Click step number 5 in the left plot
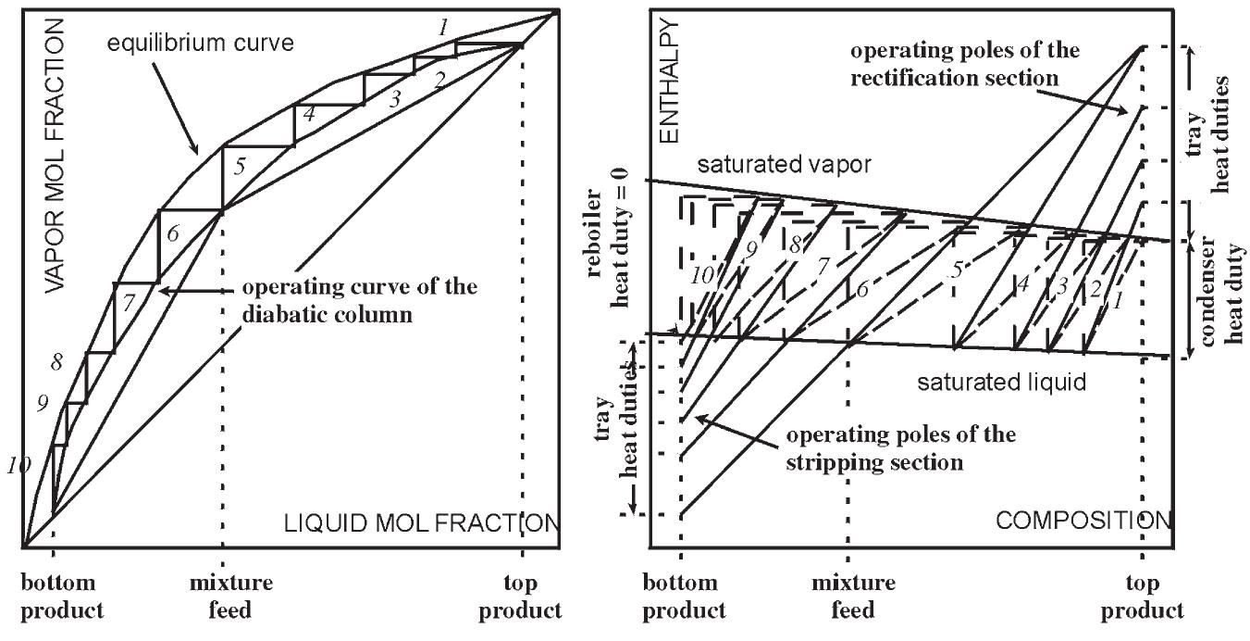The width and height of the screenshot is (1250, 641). [x=241, y=169]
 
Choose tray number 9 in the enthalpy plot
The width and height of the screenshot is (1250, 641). [x=752, y=248]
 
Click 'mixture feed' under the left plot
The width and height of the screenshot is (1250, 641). [x=230, y=597]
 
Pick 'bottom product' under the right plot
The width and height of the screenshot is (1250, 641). [x=685, y=597]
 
